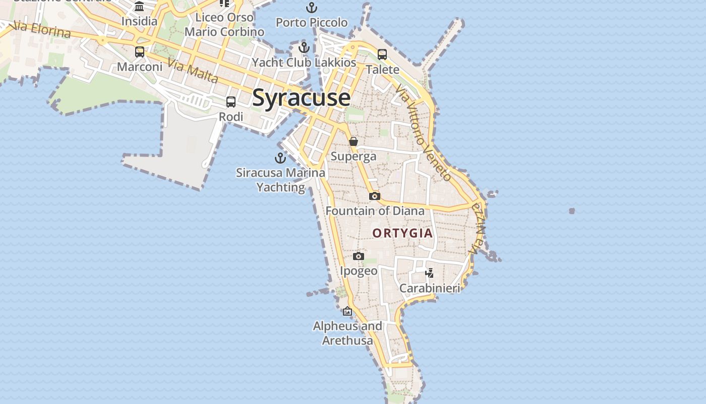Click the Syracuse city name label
pyautogui.click(x=301, y=97)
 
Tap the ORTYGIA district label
pyautogui.click(x=402, y=233)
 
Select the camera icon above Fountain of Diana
pyautogui.click(x=374, y=196)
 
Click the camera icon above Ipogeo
pyautogui.click(x=359, y=256)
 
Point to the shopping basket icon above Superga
pyautogui.click(x=354, y=141)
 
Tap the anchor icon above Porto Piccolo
pyautogui.click(x=312, y=8)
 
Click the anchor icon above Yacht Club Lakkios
pyautogui.click(x=304, y=48)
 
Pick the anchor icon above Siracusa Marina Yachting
pyautogui.click(x=280, y=158)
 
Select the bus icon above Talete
pyautogui.click(x=382, y=54)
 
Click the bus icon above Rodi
pyautogui.click(x=231, y=102)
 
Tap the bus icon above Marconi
pyautogui.click(x=140, y=52)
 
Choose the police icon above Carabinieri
pyautogui.click(x=429, y=273)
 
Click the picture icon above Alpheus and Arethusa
pyautogui.click(x=347, y=311)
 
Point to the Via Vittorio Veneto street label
pyautogui.click(x=424, y=133)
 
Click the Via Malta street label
pyautogui.click(x=193, y=71)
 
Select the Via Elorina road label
pyautogui.click(x=43, y=29)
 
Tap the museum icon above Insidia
pyautogui.click(x=139, y=7)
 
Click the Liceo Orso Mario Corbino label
pyautogui.click(x=224, y=25)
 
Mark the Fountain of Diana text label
pyautogui.click(x=375, y=211)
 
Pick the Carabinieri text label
pyautogui.click(x=430, y=288)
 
